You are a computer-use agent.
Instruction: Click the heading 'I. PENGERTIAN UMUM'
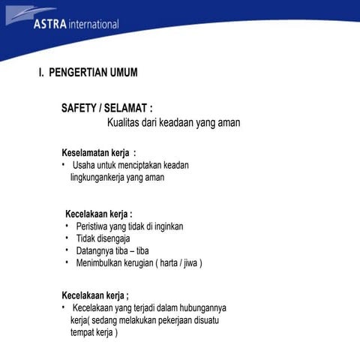coord(88,73)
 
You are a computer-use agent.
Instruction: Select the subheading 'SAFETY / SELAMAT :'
coord(106,109)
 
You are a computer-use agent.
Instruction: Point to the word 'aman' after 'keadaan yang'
coord(228,123)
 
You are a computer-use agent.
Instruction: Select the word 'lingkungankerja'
coord(97,178)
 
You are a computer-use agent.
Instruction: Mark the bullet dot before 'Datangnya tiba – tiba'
coord(67,250)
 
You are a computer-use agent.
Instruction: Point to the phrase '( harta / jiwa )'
coord(178,263)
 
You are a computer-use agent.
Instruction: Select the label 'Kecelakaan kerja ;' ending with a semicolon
coord(94,295)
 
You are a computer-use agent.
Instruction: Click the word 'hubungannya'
coord(204,307)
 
